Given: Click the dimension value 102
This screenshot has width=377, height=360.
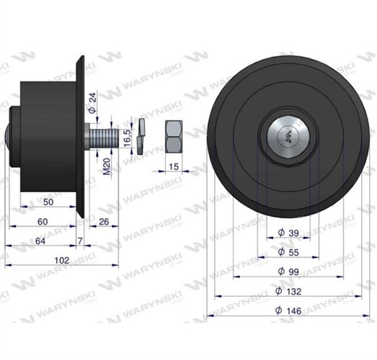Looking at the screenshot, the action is tap(62, 260).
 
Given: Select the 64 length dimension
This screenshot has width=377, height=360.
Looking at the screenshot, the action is tap(40, 241).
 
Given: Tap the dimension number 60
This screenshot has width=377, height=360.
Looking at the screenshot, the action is tap(43, 222).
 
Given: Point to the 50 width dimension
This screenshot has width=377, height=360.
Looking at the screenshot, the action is tap(48, 202).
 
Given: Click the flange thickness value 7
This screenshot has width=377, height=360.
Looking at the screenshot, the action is tap(80, 240).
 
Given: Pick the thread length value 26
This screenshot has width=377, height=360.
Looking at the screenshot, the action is tap(104, 222).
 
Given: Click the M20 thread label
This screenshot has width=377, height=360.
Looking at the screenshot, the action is tap(107, 166).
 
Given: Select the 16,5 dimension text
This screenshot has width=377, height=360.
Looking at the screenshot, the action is tap(127, 138).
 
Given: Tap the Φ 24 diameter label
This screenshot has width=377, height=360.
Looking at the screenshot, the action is tap(92, 103).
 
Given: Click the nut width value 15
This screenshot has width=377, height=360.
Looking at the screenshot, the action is tap(174, 166).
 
